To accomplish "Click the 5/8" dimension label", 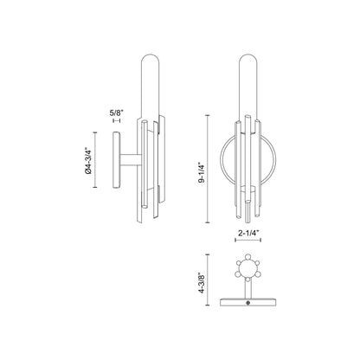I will click(x=117, y=112).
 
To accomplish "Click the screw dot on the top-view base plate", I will click(x=250, y=302).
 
